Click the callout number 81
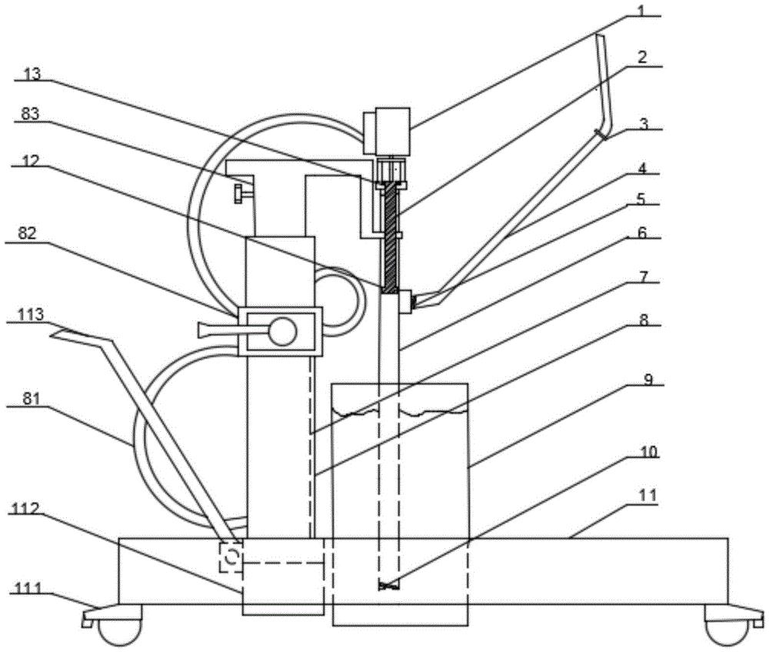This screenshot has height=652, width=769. click(32, 400)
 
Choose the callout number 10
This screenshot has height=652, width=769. click(649, 452)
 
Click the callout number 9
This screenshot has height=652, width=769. click(648, 379)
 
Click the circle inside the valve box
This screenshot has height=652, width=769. click(281, 332)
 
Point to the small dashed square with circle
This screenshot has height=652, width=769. click(231, 557)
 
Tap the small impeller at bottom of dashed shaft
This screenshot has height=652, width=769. click(389, 585)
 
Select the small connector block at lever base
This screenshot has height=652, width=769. click(405, 300)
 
